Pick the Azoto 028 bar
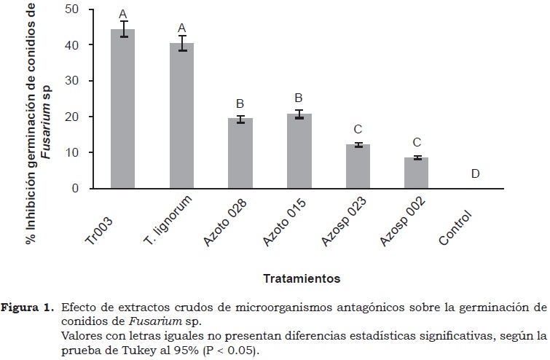pyautogui.click(x=240, y=154)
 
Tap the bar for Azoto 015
pyautogui.click(x=299, y=152)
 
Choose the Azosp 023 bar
pyautogui.click(x=358, y=167)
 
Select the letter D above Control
pyautogui.click(x=475, y=173)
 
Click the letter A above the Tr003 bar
pyautogui.click(x=122, y=14)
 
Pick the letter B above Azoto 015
pyautogui.click(x=299, y=98)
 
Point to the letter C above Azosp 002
pyautogui.click(x=416, y=142)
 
